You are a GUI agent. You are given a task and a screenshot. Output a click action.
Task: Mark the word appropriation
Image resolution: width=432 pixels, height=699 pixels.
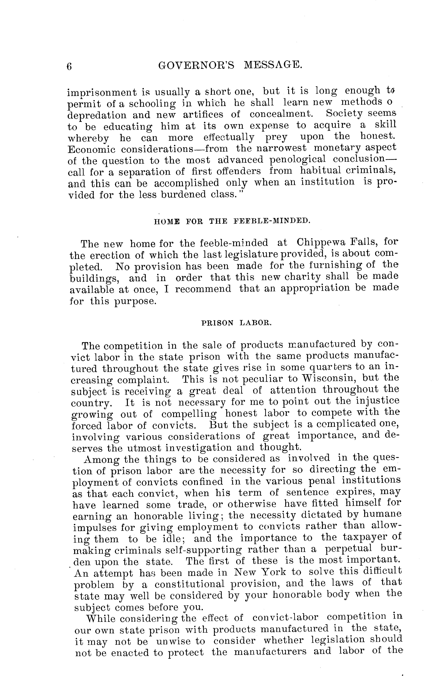(315, 288)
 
